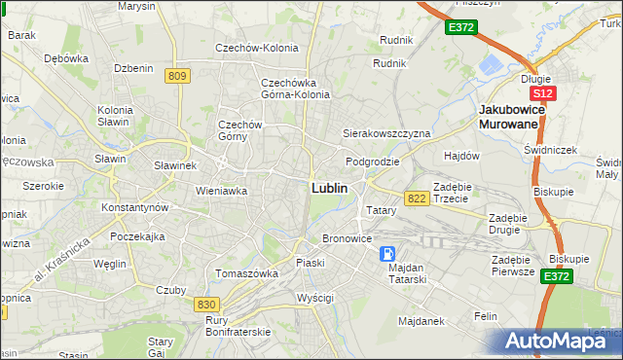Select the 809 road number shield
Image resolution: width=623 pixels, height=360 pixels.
click(176, 76)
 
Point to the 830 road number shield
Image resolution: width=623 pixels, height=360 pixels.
click(205, 305)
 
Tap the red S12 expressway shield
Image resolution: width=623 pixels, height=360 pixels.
click(543, 93)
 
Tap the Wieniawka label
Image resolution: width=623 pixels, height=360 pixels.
click(221, 192)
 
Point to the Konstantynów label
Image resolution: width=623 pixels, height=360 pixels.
click(136, 208)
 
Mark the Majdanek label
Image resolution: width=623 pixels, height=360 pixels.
click(421, 319)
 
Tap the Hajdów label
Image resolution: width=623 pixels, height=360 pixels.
click(462, 156)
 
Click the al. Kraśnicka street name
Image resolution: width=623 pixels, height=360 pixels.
click(63, 259)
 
